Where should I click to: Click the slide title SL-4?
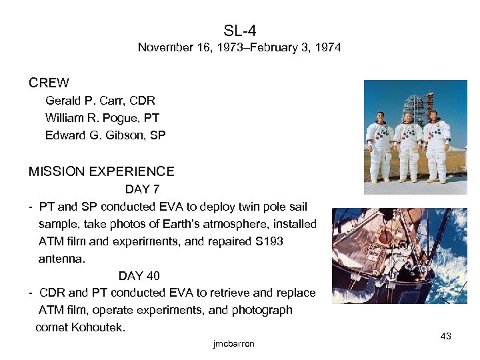pos(240,31)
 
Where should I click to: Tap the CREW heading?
pos(49,83)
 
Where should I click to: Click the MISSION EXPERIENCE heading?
pos(101,172)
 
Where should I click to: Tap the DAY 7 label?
pos(142,190)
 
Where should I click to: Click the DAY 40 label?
pos(139,276)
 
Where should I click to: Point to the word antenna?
pos(62,259)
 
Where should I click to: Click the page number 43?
pos(446,337)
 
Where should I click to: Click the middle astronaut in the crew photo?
pos(408,147)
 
